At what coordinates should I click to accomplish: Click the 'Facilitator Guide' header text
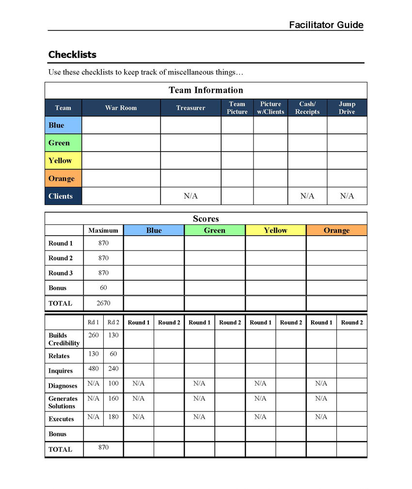[x=326, y=25]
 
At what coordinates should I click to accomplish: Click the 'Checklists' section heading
[x=72, y=54]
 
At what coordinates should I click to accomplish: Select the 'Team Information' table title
[x=206, y=90]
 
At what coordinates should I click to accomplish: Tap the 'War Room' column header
[x=121, y=108]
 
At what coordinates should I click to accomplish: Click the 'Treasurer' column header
[x=190, y=108]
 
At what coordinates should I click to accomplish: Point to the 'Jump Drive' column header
[x=347, y=108]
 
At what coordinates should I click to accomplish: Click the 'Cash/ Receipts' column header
[x=307, y=108]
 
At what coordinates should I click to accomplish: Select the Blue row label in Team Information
[x=56, y=125]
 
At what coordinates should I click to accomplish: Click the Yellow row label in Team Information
[x=60, y=160]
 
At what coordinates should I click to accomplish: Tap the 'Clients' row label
[x=61, y=196]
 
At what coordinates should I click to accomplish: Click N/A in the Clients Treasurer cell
[x=190, y=196]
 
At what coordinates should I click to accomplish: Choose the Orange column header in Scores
[x=336, y=230]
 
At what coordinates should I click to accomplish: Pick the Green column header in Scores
[x=214, y=230]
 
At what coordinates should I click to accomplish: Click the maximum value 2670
[x=103, y=303]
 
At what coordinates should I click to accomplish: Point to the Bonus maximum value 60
[x=103, y=287]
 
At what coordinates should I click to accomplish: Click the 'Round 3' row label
[x=61, y=273]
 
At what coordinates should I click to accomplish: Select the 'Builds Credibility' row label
[x=63, y=339]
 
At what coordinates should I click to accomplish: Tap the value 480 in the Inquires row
[x=94, y=368]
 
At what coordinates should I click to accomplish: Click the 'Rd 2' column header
[x=113, y=322]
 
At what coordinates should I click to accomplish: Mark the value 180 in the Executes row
[x=113, y=417]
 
